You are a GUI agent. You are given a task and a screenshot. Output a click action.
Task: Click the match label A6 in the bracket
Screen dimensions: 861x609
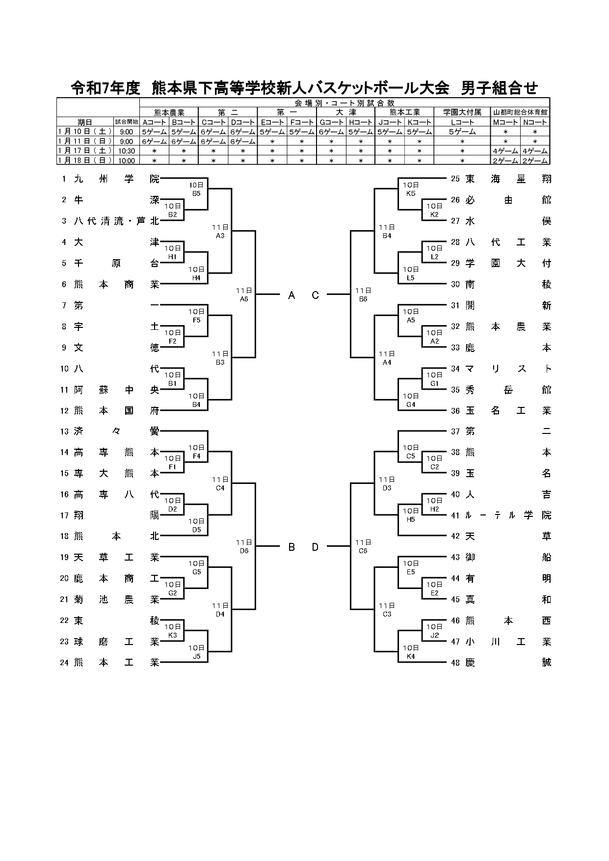244,298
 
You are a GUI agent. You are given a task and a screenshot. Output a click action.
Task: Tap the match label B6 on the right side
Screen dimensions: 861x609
363,298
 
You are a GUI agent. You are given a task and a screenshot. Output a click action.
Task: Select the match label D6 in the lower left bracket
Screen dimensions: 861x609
244,551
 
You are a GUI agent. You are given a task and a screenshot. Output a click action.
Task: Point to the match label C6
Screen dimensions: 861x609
363,551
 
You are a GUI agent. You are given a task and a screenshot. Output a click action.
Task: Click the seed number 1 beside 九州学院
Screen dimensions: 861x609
64,179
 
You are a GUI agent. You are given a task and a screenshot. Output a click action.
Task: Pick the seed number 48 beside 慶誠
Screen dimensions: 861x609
455,663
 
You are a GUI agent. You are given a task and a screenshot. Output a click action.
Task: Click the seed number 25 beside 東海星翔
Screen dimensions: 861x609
455,179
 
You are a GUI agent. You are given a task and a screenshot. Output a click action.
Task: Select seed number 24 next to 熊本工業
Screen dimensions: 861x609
64,663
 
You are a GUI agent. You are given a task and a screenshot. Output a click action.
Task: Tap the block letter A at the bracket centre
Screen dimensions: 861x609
291,295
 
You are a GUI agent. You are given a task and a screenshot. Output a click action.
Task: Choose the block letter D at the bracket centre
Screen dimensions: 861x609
316,547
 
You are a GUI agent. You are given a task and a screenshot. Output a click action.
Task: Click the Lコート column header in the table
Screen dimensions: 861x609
462,122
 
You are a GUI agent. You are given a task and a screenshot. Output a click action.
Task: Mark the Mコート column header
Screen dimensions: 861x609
506,122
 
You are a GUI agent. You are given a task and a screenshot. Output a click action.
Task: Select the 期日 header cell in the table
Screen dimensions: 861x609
84,122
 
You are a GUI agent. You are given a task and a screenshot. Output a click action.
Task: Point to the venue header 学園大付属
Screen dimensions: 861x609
462,112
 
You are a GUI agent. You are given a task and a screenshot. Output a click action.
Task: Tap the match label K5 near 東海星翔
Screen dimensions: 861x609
411,193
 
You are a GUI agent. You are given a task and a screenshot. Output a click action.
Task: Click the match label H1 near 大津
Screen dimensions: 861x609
172,257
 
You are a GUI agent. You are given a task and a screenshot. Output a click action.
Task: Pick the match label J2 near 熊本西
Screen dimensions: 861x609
434,635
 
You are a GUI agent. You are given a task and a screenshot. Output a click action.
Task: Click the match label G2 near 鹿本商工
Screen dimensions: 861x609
172,593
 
